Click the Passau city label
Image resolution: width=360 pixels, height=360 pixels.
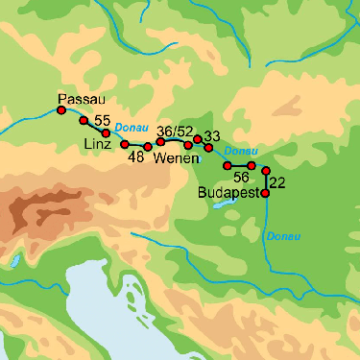point(81,99)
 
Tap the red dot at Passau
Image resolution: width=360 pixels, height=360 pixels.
point(61,110)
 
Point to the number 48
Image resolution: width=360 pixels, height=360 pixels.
point(135,157)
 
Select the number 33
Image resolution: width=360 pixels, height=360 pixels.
point(212,136)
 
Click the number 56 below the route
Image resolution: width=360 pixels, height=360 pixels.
point(241,178)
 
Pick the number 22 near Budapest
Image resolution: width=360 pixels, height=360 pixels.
point(278,182)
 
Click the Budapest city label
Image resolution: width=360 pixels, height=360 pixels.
point(228,193)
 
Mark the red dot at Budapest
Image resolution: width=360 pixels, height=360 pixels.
point(265,193)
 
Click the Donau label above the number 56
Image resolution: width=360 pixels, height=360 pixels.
point(240,152)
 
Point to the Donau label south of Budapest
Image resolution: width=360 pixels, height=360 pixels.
point(284,236)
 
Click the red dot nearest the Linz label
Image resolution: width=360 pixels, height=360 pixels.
point(124,144)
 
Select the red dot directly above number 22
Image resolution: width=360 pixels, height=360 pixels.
point(266,171)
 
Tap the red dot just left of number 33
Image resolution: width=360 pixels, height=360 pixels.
point(198,139)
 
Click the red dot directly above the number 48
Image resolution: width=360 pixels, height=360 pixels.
point(147,147)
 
